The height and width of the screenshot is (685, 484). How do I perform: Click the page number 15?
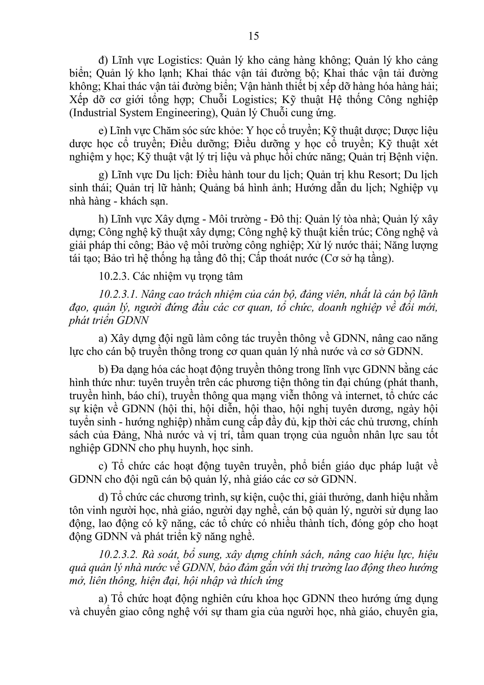[x=253, y=36]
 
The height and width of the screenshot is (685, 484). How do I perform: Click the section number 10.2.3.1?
[x=118, y=294]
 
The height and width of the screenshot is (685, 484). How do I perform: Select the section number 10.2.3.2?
[x=118, y=554]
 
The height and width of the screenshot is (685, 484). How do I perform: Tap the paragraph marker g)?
[x=103, y=175]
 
